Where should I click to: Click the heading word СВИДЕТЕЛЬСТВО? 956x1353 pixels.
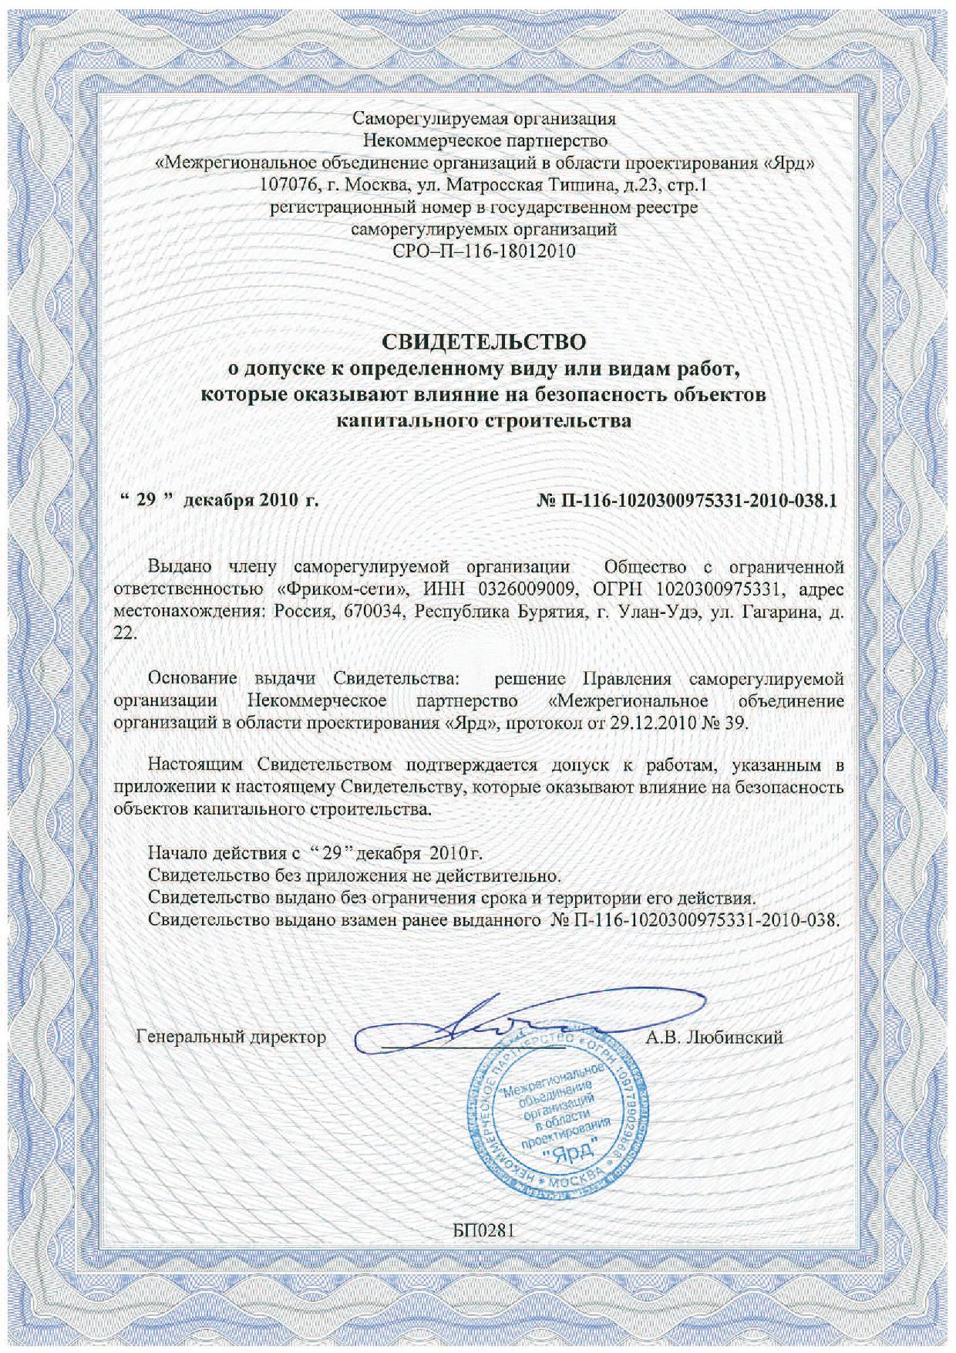[x=485, y=340]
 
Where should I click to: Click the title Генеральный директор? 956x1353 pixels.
[x=231, y=1037]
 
